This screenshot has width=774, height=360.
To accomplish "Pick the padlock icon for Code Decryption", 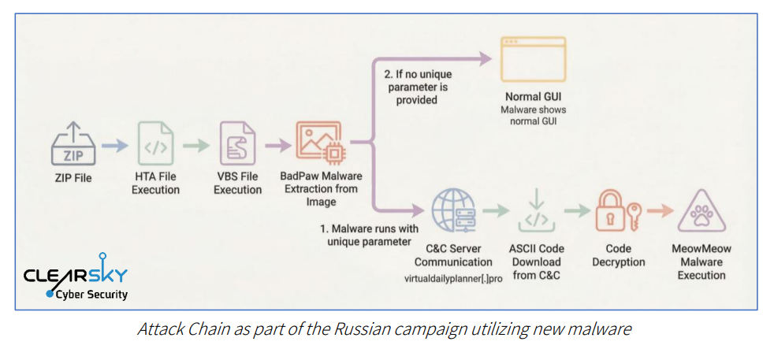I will coord(611,210).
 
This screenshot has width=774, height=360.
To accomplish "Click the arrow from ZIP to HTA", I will coord(113,144).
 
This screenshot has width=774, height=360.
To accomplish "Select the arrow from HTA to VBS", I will coord(196,144).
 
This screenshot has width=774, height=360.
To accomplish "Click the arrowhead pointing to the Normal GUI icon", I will coord(483,58).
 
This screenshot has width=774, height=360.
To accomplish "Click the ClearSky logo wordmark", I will coord(75,275).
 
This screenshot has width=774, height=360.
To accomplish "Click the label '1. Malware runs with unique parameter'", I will coord(368,235).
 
